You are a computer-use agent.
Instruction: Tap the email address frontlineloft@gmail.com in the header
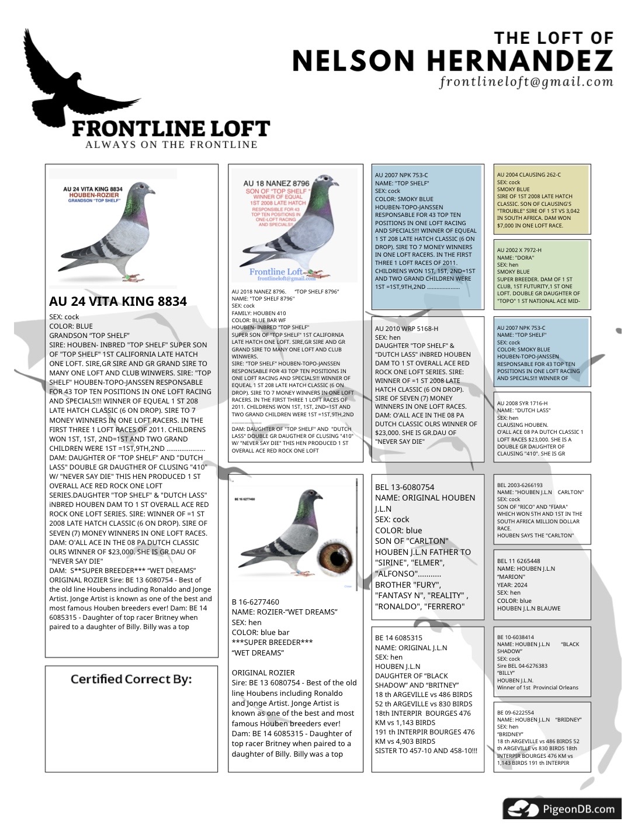(526, 82)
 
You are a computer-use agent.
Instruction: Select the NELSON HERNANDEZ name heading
(452, 61)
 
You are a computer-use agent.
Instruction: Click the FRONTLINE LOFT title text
(171, 129)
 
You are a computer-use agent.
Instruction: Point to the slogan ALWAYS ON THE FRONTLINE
(171, 145)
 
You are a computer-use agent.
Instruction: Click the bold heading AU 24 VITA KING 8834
(118, 302)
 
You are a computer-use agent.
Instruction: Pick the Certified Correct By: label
(131, 679)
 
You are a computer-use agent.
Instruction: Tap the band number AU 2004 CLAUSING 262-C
(529, 175)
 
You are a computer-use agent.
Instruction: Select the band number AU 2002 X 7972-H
(519, 250)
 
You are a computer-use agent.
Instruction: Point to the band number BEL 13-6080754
(404, 487)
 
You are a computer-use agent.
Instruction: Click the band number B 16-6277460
(255, 602)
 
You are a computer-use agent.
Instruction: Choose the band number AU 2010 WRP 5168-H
(406, 329)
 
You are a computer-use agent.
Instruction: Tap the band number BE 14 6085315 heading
(398, 638)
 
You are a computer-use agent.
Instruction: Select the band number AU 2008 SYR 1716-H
(522, 403)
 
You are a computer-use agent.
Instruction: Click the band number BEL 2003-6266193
(520, 485)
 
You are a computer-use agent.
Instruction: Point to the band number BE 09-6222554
(516, 713)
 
